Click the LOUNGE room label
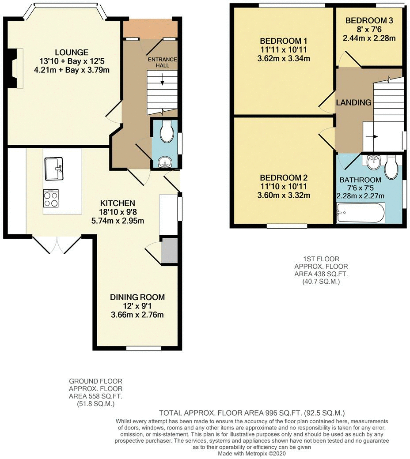(x=72, y=53)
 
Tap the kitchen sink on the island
(x=53, y=169)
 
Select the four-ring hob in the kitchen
(x=51, y=198)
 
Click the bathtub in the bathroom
(x=361, y=213)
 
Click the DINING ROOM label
(x=137, y=297)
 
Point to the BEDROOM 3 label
(x=369, y=20)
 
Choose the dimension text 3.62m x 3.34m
(x=284, y=59)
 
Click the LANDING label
(x=353, y=102)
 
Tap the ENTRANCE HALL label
(x=162, y=62)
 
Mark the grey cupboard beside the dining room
(x=169, y=251)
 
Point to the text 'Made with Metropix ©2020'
(x=252, y=453)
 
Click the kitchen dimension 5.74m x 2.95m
(x=118, y=221)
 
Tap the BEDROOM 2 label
(x=284, y=178)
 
